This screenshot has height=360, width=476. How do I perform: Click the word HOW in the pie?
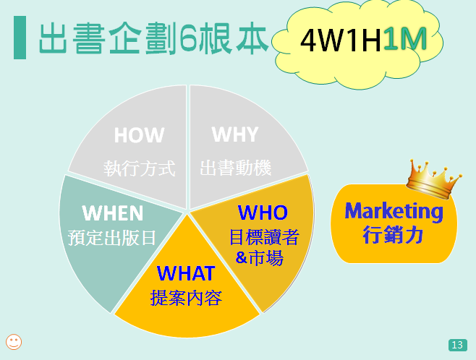click(x=139, y=135)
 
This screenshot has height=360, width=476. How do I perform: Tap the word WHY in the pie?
click(x=235, y=134)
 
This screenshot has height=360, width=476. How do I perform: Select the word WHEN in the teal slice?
click(x=113, y=213)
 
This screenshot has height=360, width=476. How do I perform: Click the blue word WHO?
click(x=263, y=213)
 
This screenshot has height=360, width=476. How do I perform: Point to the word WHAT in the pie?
click(x=186, y=273)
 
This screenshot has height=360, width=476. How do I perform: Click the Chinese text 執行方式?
click(x=140, y=168)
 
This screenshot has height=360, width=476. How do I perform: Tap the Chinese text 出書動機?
click(x=236, y=168)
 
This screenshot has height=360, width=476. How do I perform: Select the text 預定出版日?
click(x=112, y=238)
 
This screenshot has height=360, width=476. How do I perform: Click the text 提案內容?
click(x=186, y=298)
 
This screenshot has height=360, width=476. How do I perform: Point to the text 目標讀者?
click(x=264, y=237)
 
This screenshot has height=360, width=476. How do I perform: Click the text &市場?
click(x=259, y=257)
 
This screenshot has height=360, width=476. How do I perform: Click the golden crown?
click(x=433, y=180)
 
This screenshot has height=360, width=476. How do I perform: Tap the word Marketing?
click(x=394, y=212)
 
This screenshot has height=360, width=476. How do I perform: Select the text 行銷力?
click(x=393, y=234)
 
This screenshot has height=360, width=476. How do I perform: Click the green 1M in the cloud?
click(x=405, y=39)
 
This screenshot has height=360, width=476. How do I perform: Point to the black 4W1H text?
click(x=341, y=40)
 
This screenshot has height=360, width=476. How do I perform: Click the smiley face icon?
click(x=14, y=342)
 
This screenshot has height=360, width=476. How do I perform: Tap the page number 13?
click(x=457, y=345)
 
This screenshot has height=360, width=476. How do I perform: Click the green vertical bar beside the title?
click(x=20, y=38)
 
